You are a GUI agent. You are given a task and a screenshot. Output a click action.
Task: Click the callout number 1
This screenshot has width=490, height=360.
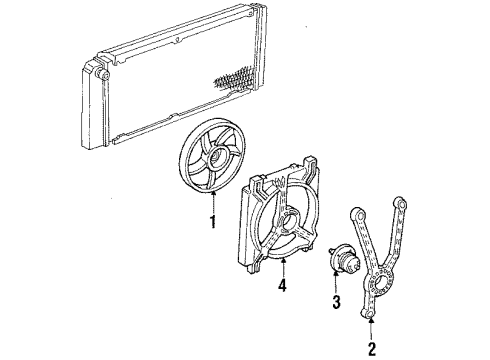tap(212, 221)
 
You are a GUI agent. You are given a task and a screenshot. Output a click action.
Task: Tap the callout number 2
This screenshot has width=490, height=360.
tap(372, 349)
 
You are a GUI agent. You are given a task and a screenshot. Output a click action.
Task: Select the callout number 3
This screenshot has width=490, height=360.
tap(336, 302)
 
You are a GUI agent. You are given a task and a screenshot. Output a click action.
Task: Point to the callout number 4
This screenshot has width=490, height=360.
tap(282, 286)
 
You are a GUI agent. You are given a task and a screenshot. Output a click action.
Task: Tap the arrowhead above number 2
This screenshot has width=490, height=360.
tap(372, 321)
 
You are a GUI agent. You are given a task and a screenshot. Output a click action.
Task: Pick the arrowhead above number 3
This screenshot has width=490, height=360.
tap(336, 274)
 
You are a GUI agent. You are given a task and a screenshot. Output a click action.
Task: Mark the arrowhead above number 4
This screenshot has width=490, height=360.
tap(283, 260)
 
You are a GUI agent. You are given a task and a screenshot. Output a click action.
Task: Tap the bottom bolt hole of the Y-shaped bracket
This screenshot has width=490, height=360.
tap(367, 314)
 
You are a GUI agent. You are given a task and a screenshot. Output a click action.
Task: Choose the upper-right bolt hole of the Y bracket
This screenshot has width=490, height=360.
tap(400, 202)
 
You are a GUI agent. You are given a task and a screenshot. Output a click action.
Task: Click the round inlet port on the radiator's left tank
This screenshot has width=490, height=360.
tap(102, 74)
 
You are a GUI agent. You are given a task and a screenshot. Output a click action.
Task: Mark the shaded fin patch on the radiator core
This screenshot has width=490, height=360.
tap(234, 79)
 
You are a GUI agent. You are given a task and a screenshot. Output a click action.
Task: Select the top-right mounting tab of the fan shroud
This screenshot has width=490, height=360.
tap(310, 163)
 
